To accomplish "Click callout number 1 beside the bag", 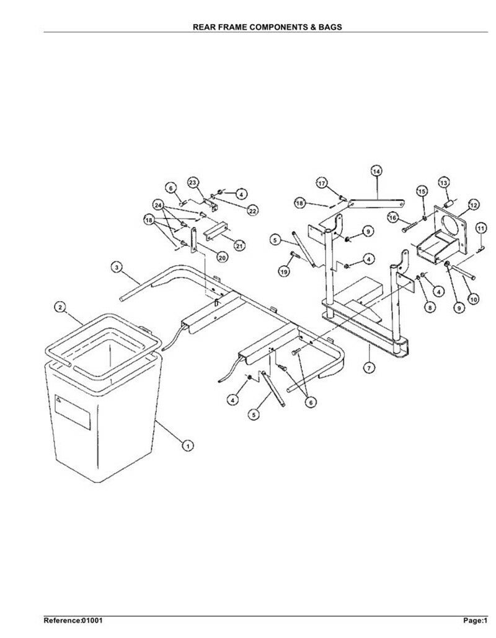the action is (187, 446).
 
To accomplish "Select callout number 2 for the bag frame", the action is (60, 307).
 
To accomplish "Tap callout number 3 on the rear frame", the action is (117, 268).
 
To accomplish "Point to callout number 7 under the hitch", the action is (369, 368).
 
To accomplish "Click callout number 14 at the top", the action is (376, 172).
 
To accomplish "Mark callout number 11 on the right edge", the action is (481, 228).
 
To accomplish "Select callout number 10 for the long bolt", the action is (473, 299).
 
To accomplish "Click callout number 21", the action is (239, 245).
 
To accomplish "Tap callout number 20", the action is (223, 257).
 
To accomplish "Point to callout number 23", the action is (193, 182).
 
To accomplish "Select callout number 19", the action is (284, 271).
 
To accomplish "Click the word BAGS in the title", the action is (330, 27).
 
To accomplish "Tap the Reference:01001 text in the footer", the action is (73, 621).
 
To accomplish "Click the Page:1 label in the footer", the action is (476, 621).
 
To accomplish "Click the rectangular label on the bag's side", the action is (73, 412).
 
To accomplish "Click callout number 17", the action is (322, 183).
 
